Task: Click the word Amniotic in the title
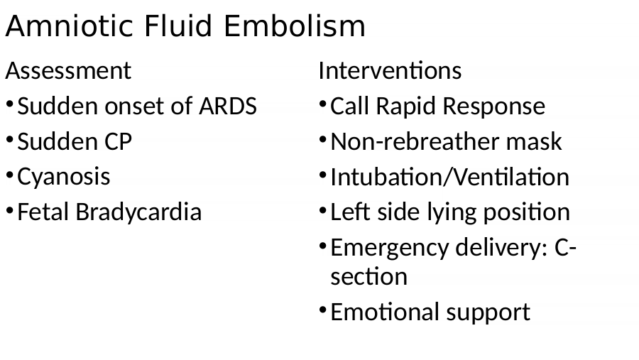coord(69,26)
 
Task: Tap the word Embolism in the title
coord(294,26)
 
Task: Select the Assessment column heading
coord(68,70)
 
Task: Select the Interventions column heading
coord(390,70)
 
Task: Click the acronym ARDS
coord(228,106)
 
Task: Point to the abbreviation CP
coord(118,141)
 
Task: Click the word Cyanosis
coord(64,177)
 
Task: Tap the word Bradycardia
coord(138,212)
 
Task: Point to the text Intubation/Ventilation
coord(450,177)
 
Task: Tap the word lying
coord(451,212)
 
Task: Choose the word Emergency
coord(389,248)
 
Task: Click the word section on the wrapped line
coord(368,277)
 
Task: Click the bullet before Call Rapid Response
coord(323,104)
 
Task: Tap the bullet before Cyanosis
coord(10,175)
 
